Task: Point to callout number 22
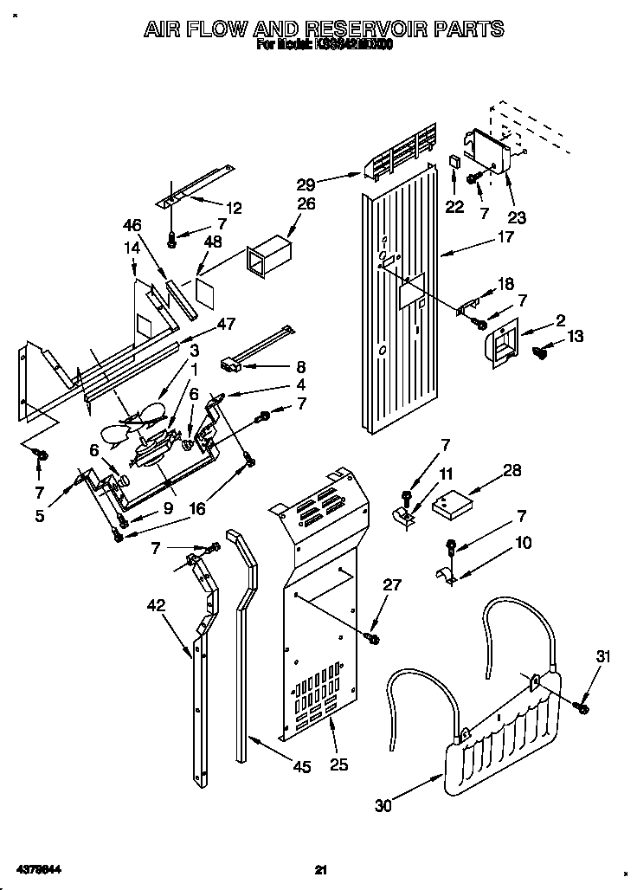454,207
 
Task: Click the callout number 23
516,217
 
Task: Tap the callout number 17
505,236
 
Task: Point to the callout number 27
392,584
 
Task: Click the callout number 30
383,805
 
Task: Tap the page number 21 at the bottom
319,869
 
